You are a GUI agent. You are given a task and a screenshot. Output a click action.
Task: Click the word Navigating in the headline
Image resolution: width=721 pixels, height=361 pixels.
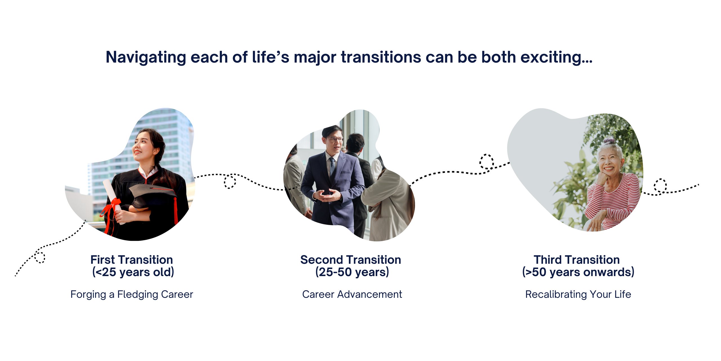(146, 58)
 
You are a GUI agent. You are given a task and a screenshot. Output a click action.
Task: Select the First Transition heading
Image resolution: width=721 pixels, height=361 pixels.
(132, 260)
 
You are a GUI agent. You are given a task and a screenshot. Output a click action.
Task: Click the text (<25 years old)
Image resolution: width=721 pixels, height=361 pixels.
(133, 272)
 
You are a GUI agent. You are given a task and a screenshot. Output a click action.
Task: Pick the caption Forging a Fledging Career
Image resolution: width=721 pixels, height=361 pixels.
(132, 294)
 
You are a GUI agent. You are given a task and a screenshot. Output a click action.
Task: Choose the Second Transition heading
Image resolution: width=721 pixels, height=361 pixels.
(351, 260)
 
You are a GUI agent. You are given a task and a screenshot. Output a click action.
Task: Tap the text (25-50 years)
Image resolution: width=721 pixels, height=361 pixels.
(352, 272)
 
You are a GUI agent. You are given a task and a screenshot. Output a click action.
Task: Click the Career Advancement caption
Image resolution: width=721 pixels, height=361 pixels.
(352, 294)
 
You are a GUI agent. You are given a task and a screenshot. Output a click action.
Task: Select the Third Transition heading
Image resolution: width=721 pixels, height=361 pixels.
(577, 260)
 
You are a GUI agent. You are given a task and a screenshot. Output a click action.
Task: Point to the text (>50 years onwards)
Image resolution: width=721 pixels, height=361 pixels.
(578, 272)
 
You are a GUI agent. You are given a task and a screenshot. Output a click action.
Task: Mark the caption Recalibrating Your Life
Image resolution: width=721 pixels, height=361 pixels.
(578, 294)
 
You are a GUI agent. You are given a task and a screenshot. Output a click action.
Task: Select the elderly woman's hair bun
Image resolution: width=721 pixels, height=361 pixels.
(609, 140)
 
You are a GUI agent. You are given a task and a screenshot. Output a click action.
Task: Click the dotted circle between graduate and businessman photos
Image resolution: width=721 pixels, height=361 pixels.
(230, 181)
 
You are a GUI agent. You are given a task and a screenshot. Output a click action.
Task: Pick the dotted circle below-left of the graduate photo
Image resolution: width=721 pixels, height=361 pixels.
(40, 257)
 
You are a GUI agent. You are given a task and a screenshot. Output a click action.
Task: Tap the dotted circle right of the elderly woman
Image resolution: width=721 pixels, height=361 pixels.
(660, 186)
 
